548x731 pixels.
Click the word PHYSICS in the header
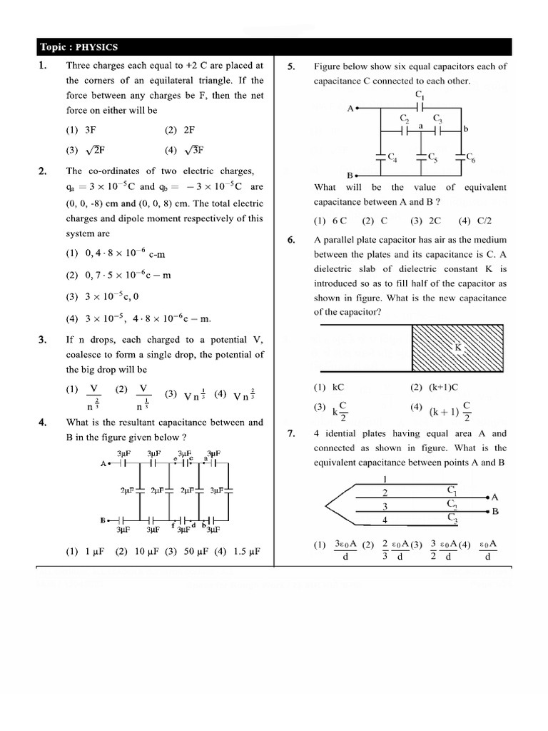(x=96, y=48)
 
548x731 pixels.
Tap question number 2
(x=44, y=171)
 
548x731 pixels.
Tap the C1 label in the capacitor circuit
(x=420, y=95)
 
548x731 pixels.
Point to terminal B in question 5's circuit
(x=350, y=175)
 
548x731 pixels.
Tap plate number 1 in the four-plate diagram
(x=385, y=479)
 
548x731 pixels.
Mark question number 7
(x=292, y=434)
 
